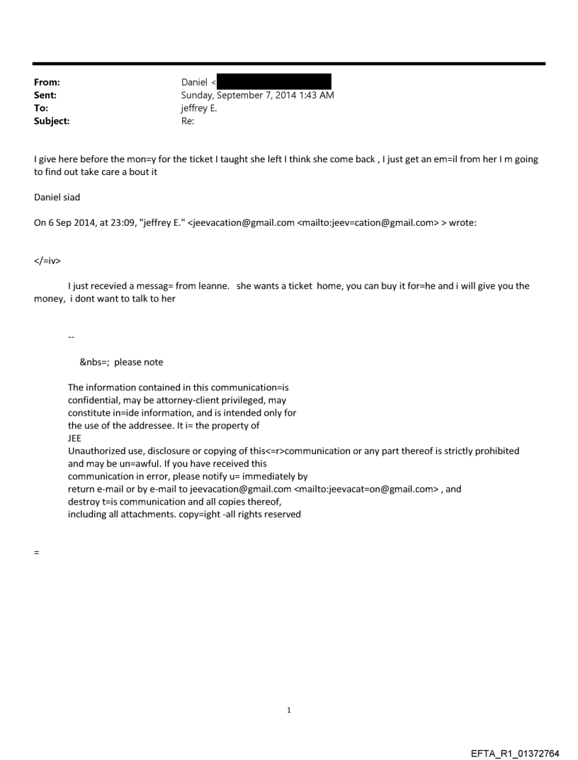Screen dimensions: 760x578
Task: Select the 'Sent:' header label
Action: click(45, 96)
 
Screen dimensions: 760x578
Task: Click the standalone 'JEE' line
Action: click(74, 438)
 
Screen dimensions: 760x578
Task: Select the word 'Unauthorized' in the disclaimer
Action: click(97, 450)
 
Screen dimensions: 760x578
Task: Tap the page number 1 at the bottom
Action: click(289, 710)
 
